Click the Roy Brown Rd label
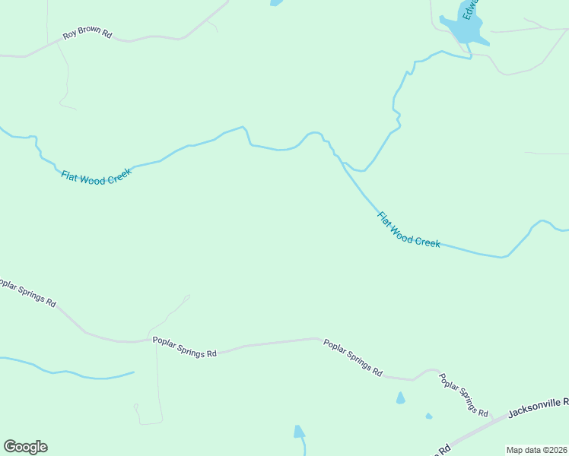(87, 36)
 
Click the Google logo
(25, 447)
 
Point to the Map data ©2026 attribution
(536, 449)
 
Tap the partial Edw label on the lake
(471, 11)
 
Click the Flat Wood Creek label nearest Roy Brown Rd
(97, 174)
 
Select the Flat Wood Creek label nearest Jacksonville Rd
(408, 230)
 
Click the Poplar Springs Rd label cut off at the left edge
(27, 293)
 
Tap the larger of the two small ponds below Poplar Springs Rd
(400, 398)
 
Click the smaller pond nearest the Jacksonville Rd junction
(429, 416)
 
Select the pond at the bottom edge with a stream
(299, 432)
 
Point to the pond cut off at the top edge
(275, 2)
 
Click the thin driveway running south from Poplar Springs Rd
(157, 380)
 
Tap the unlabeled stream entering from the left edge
(68, 373)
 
